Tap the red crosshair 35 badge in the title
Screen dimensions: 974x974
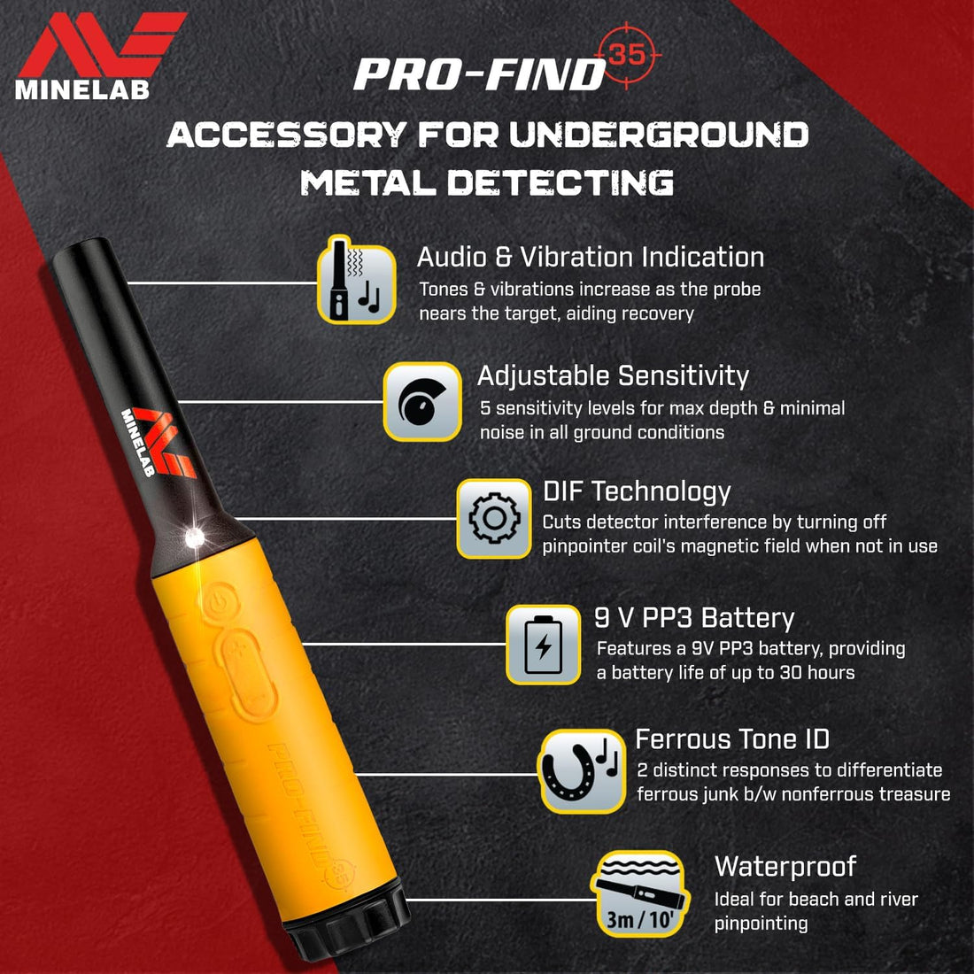click(627, 55)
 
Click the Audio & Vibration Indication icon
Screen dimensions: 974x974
click(357, 280)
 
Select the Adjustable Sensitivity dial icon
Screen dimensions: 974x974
click(422, 402)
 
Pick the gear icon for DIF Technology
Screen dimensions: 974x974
click(494, 519)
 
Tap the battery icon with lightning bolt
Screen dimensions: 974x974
click(544, 645)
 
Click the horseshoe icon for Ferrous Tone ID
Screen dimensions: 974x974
click(582, 771)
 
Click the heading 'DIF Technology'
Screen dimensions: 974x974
click(637, 491)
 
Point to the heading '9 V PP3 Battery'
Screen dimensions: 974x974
click(694, 618)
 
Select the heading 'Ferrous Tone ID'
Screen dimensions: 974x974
click(732, 739)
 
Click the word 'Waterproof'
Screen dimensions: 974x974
click(785, 867)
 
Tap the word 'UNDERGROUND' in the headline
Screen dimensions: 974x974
click(659, 135)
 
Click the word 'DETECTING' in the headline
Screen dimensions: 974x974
click(560, 183)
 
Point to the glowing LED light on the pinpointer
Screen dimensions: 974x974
click(195, 537)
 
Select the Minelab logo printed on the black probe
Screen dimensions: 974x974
click(158, 442)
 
